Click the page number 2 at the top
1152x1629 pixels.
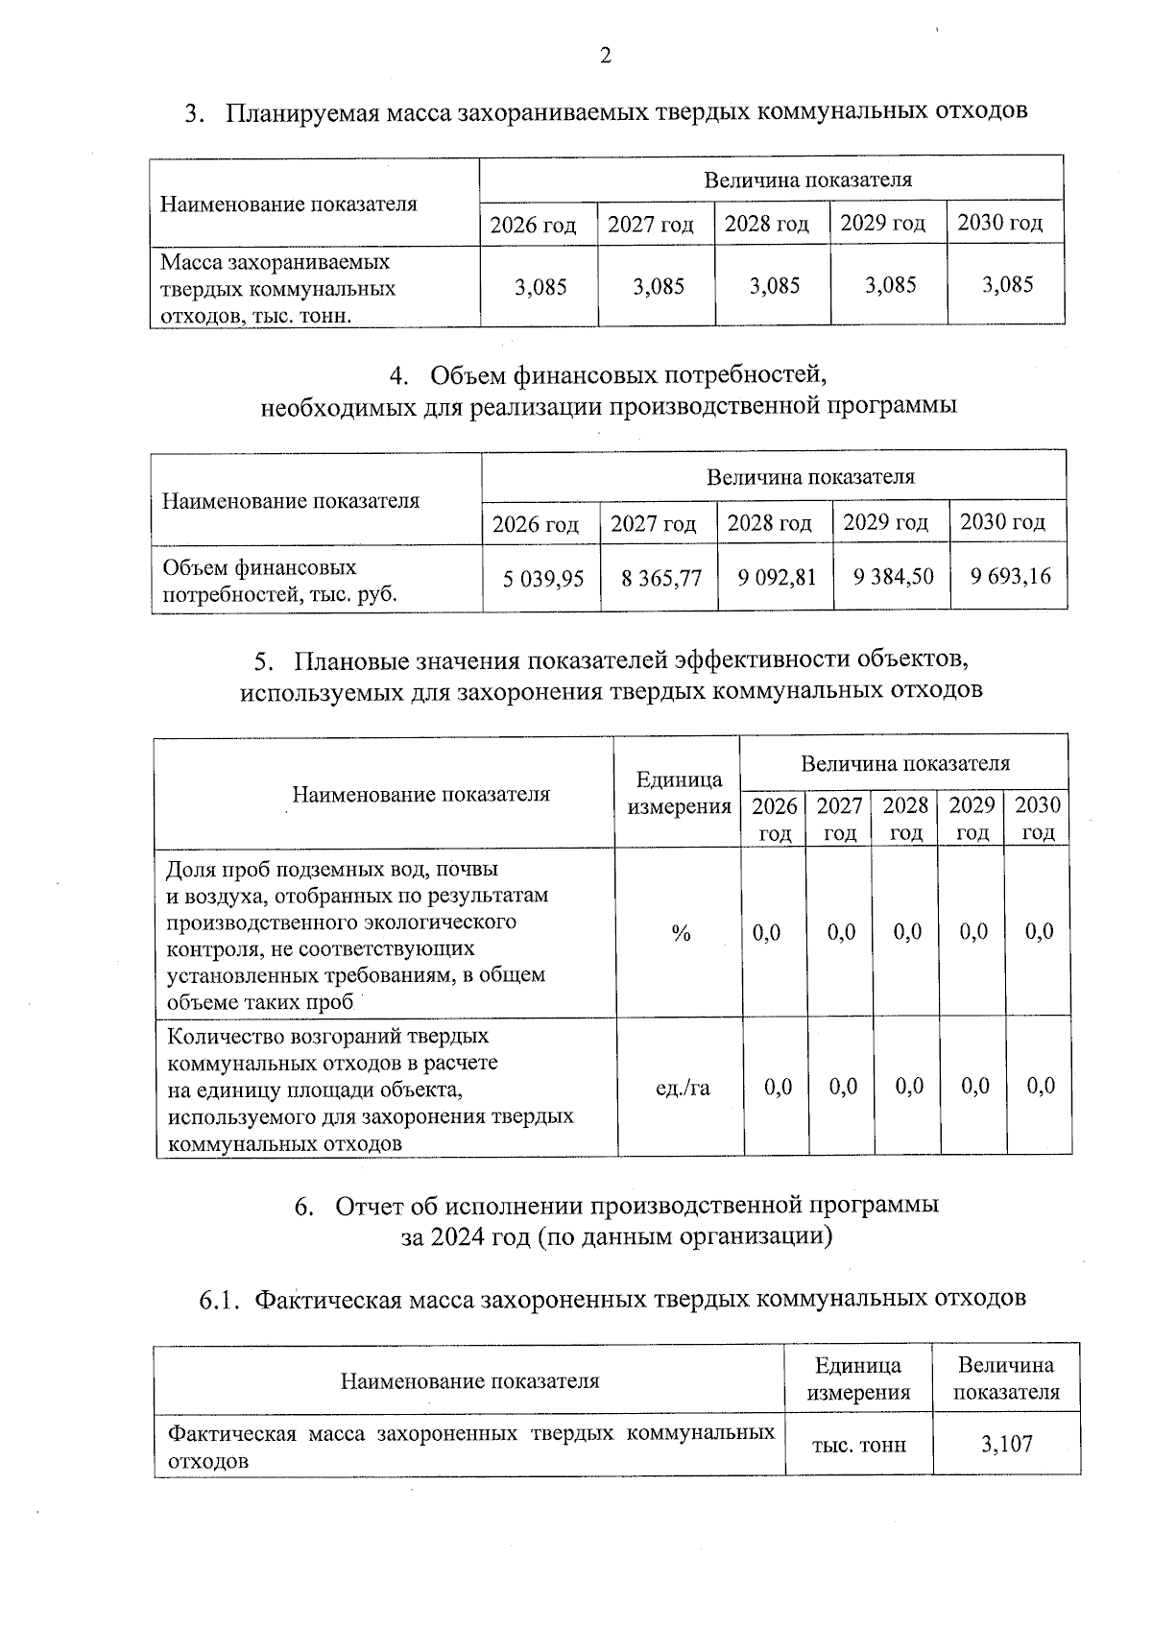click(x=605, y=57)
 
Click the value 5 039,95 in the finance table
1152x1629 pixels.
click(x=543, y=578)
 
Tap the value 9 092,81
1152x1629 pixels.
click(x=777, y=577)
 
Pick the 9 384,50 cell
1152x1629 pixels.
click(x=893, y=576)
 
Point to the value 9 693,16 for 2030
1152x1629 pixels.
click(x=1010, y=576)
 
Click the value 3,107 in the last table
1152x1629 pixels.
click(x=1007, y=1444)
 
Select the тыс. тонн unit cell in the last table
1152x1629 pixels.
click(x=858, y=1445)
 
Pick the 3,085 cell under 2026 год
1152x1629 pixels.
click(x=540, y=286)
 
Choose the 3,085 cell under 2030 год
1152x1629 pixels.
click(x=1008, y=284)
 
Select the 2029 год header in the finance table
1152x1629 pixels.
click(x=885, y=523)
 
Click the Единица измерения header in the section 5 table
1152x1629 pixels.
click(x=679, y=793)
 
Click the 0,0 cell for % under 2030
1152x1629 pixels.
click(x=1039, y=932)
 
